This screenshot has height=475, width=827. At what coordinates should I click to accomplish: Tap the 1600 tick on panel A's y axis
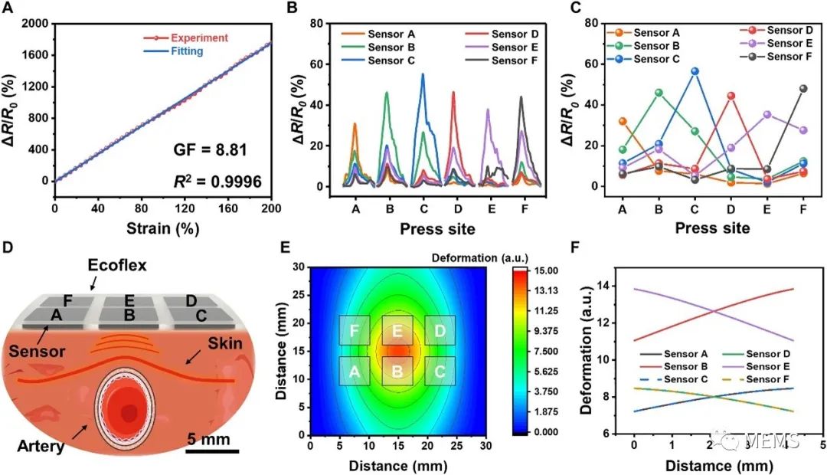34,55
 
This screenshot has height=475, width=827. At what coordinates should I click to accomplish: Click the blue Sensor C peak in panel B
423,74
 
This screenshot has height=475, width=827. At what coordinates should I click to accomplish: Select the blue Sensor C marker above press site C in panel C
695,71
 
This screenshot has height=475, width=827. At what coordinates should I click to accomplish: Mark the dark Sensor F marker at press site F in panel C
803,88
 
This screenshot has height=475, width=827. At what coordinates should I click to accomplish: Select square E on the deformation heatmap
397,330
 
